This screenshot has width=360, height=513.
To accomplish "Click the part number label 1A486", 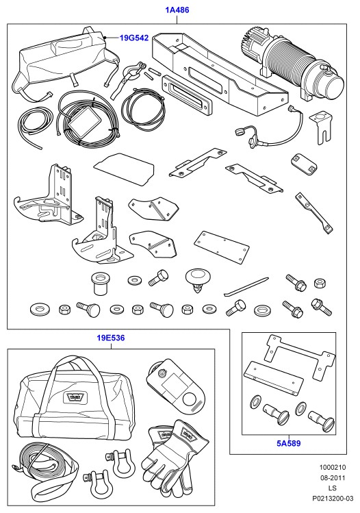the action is pyautogui.click(x=177, y=10).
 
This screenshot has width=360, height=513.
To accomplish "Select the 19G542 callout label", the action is pyautogui.click(x=134, y=38).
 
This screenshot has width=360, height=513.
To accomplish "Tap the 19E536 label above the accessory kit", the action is pyautogui.click(x=111, y=338).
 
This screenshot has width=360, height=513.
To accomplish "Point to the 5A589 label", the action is pyautogui.click(x=289, y=444).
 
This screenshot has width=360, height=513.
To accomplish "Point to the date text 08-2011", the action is pyautogui.click(x=332, y=478).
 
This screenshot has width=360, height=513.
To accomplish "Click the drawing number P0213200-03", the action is pyautogui.click(x=332, y=499).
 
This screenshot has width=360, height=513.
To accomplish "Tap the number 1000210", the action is pyautogui.click(x=332, y=468).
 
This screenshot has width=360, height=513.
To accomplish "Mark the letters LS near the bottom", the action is pyautogui.click(x=332, y=488).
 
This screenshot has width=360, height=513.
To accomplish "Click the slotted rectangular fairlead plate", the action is pyautogui.click(x=187, y=96).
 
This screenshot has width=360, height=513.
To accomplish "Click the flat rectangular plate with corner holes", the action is pyautogui.click(x=221, y=248).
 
